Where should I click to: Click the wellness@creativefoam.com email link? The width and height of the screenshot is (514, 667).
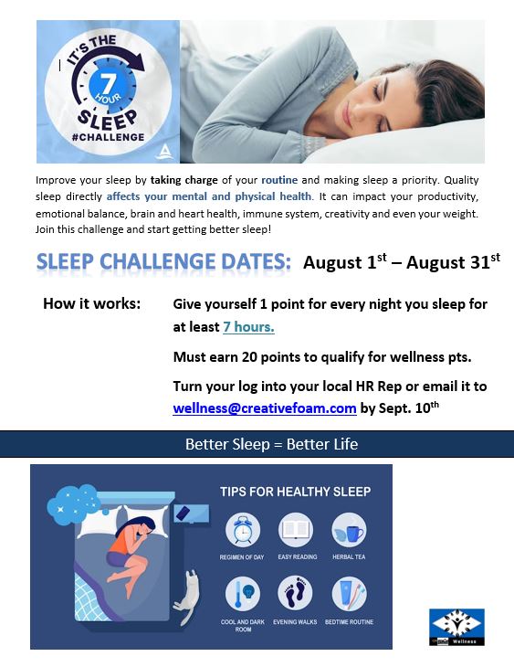264,408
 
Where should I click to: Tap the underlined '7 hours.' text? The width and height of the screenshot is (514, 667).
248,326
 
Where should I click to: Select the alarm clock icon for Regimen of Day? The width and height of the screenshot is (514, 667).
242,530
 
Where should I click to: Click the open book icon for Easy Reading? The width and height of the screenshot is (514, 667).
295,530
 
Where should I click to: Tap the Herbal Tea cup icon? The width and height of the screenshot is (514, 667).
348,530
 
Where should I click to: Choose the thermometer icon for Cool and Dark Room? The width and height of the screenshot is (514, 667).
242,593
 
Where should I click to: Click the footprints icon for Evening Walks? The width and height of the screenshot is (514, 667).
295,593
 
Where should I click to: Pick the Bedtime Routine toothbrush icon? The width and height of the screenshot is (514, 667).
348,593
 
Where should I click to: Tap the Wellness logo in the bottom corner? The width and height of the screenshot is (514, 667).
456,627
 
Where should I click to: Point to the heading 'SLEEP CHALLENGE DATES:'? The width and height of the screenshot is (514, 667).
164,262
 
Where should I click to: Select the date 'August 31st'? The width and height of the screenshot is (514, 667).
453,263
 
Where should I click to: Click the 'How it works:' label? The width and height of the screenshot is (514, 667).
91,303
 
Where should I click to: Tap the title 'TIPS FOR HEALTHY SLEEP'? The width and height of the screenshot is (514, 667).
295,492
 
